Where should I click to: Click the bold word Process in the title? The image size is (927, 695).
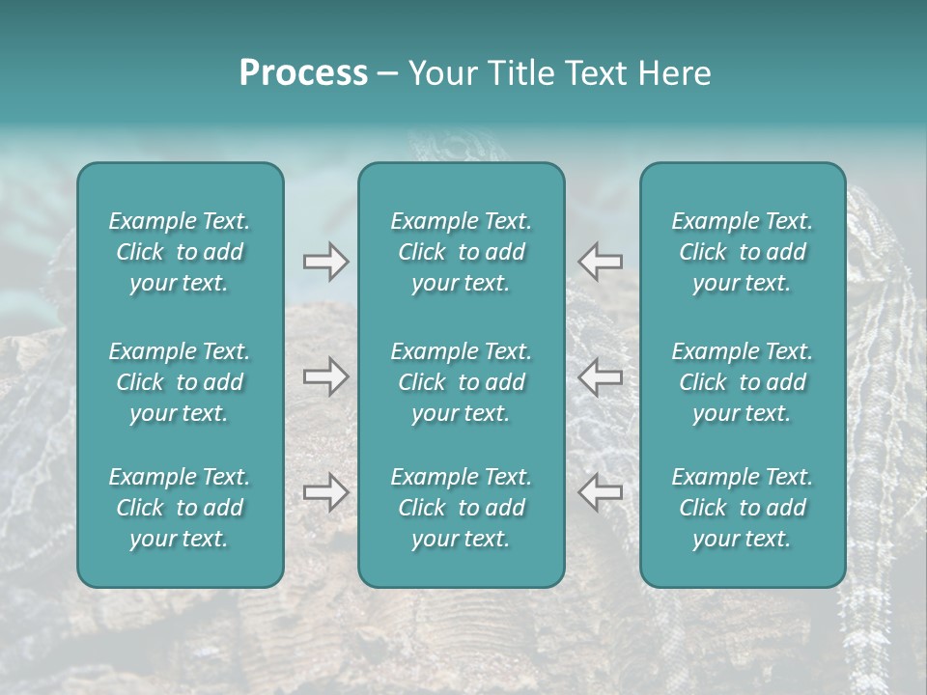pos(303,73)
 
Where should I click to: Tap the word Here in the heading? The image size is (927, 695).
pos(675,73)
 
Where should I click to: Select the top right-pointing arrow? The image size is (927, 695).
pos(325,261)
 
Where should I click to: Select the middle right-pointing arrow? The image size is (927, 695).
pos(325,376)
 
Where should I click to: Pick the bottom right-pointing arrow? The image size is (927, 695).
pos(325,492)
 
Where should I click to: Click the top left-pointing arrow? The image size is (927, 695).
pos(600,261)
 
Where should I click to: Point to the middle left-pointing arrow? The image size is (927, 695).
pos(600,376)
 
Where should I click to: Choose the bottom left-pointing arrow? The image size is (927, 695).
pos(600,492)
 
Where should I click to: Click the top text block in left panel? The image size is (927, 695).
pos(180,252)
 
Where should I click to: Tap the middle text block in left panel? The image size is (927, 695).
pos(180,382)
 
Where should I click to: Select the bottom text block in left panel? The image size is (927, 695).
pos(180,508)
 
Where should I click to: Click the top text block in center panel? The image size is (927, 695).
pos(461,252)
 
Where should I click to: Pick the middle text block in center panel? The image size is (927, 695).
pos(461,382)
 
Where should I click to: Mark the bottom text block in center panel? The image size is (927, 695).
pos(461,508)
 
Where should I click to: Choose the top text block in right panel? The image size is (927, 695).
pos(742,252)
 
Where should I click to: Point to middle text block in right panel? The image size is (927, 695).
pos(742,382)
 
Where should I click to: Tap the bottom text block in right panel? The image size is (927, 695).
pos(742,508)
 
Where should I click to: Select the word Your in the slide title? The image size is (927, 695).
pos(440,73)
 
